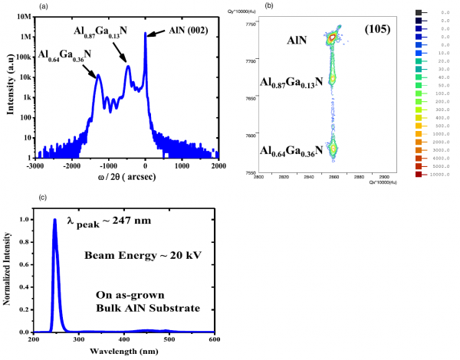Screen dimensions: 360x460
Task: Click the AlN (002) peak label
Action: pos(187,31)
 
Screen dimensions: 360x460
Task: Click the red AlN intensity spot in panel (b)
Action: pos(333,36)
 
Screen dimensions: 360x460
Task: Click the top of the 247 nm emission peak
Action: pos(54,220)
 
